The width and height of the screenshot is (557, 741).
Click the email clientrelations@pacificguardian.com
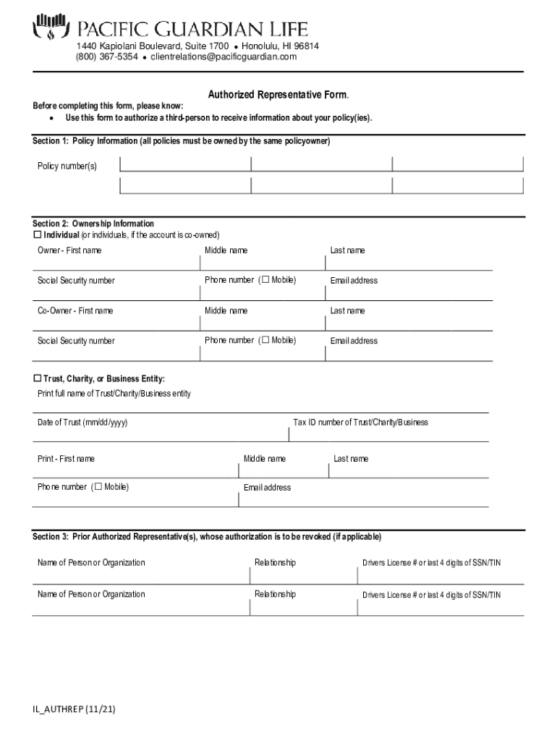point(224,57)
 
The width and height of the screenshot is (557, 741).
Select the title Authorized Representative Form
point(278,95)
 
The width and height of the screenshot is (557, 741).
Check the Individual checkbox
point(38,235)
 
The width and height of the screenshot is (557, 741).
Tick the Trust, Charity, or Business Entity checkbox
point(38,378)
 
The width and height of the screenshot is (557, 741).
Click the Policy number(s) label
point(67,166)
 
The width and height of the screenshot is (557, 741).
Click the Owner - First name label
point(69,250)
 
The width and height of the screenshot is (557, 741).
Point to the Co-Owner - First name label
point(75,310)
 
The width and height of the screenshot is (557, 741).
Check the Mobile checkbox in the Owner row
point(265,280)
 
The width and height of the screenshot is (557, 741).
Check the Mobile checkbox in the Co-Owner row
point(265,340)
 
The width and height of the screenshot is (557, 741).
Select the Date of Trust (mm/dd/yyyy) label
point(82,423)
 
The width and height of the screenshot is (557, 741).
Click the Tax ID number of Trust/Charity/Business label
point(360,423)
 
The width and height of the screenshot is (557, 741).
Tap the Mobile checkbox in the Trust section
point(98,486)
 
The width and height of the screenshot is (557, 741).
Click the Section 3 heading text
point(206,537)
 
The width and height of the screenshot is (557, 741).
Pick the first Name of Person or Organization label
point(91,563)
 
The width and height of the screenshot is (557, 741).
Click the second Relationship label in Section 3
point(275,594)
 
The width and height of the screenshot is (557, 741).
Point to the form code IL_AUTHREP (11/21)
point(74,710)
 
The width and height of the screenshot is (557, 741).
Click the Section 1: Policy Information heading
point(181,141)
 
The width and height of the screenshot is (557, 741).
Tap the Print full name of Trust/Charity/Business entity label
point(114,394)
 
